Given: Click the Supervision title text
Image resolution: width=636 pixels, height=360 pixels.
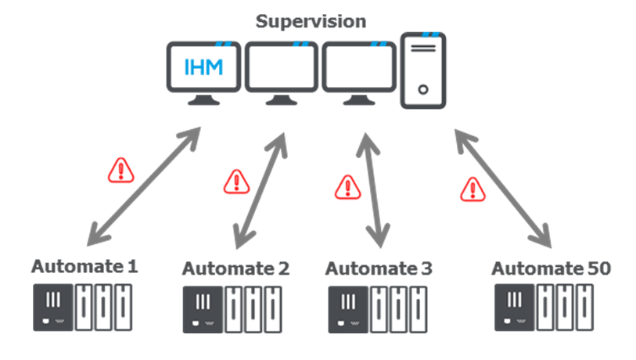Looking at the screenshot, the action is click(311, 21).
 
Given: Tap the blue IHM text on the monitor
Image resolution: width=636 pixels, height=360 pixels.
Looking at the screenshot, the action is click(203, 67).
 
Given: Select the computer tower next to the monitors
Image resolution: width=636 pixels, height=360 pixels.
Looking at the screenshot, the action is click(423, 70).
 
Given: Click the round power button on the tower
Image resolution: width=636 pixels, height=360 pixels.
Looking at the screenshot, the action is click(423, 90).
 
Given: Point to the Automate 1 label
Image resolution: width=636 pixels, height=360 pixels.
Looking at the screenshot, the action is click(84, 267).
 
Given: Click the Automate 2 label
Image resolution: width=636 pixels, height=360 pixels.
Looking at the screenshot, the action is click(235, 268).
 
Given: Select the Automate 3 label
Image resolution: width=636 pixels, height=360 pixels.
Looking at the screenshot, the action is click(379, 268).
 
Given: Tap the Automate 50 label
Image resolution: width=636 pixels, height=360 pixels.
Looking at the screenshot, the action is click(552, 268).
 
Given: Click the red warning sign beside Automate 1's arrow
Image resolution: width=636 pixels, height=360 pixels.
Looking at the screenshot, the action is click(121, 171).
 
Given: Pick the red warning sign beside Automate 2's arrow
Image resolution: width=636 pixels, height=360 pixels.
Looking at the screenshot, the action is click(236, 182).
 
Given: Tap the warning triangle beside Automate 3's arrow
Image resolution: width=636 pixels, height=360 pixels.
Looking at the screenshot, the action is click(347, 187).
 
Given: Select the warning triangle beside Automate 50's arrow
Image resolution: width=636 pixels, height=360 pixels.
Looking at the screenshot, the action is click(473, 189).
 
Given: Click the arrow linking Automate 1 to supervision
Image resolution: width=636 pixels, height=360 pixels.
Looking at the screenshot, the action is click(145, 187).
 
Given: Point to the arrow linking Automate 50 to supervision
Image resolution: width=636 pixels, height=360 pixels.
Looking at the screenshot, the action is click(503, 189).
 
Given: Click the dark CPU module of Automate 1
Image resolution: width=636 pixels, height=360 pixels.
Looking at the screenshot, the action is click(53, 308).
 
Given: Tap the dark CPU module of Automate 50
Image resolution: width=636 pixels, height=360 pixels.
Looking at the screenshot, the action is click(515, 308).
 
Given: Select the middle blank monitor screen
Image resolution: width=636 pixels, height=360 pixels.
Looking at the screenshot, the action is click(282, 67).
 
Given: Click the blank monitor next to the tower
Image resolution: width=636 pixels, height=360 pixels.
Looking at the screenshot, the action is click(359, 67).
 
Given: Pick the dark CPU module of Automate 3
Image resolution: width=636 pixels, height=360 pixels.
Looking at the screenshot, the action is click(348, 310).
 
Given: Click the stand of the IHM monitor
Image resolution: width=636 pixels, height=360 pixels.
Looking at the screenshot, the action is click(203, 100).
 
